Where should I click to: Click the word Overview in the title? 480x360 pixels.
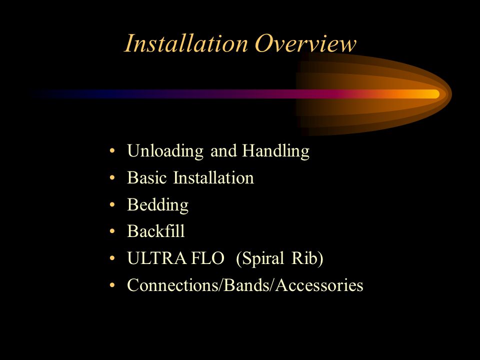pyautogui.click(x=305, y=43)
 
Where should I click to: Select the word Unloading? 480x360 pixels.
pyautogui.click(x=165, y=151)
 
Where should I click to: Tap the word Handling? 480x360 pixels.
pyautogui.click(x=276, y=151)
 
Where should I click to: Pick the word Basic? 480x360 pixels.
pyautogui.click(x=147, y=177)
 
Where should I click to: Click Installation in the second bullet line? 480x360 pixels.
pyautogui.click(x=213, y=177)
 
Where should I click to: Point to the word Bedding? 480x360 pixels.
pyautogui.click(x=157, y=205)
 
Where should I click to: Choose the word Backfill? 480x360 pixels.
pyautogui.click(x=156, y=231)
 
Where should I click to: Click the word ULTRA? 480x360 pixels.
pyautogui.click(x=156, y=258)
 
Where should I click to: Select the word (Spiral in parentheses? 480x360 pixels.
pyautogui.click(x=260, y=258)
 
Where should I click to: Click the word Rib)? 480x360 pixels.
pyautogui.click(x=307, y=258)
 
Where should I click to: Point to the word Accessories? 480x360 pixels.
pyautogui.click(x=319, y=285)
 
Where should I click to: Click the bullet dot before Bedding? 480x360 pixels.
pyautogui.click(x=112, y=204)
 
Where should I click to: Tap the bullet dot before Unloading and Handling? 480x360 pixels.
pyautogui.click(x=112, y=150)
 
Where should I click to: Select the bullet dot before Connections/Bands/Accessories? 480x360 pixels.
pyautogui.click(x=112, y=285)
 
